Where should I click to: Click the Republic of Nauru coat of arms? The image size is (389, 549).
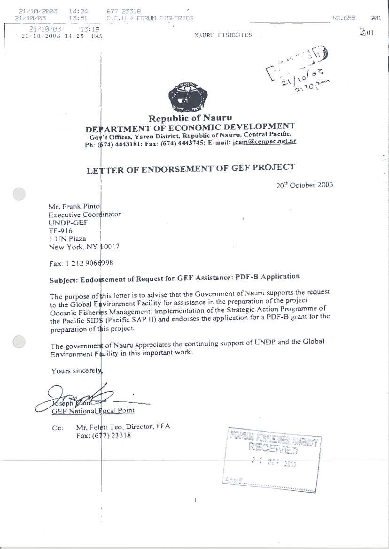[x=187, y=97]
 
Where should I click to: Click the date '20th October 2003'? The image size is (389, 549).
[x=304, y=184]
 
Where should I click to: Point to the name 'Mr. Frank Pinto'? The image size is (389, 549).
[x=74, y=206]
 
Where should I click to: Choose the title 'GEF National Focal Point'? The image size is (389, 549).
[x=93, y=411]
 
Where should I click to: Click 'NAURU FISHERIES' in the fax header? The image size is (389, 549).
[x=223, y=35]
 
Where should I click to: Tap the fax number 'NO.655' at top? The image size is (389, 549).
[x=343, y=18]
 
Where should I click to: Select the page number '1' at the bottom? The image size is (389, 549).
[x=195, y=500]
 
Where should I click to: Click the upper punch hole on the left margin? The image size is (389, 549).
[x=19, y=194]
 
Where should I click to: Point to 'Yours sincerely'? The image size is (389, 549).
[x=77, y=371]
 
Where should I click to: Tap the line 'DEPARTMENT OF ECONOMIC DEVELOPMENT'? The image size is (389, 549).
[x=190, y=127]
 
